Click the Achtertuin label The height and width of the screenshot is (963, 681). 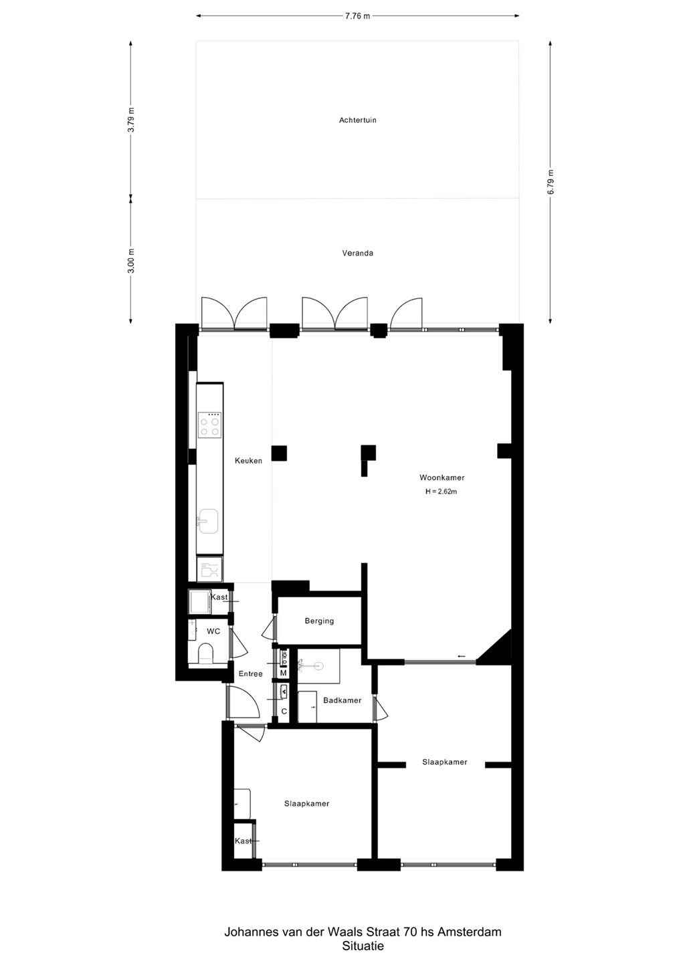[x=358, y=120]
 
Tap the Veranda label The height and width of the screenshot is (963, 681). [x=358, y=253]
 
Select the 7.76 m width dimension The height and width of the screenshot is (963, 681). [x=357, y=16]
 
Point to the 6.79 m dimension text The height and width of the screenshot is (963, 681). [x=551, y=182]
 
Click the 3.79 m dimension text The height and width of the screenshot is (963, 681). [x=131, y=120]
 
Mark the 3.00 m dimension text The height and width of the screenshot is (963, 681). [x=131, y=260]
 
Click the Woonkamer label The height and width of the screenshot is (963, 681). [x=442, y=477]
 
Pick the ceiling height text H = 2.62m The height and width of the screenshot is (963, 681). [x=441, y=492]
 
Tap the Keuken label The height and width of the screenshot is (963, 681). [x=248, y=460]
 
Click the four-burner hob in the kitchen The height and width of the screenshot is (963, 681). [x=209, y=425]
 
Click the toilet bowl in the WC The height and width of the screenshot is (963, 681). [x=205, y=653]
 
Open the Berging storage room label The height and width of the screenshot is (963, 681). [x=319, y=621]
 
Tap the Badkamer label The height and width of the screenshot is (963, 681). [x=343, y=700]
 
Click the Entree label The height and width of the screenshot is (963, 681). [x=250, y=673]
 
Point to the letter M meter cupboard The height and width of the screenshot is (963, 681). [x=284, y=673]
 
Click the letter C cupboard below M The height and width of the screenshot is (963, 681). [x=284, y=712]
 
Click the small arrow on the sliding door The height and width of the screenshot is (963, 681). [x=462, y=656]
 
